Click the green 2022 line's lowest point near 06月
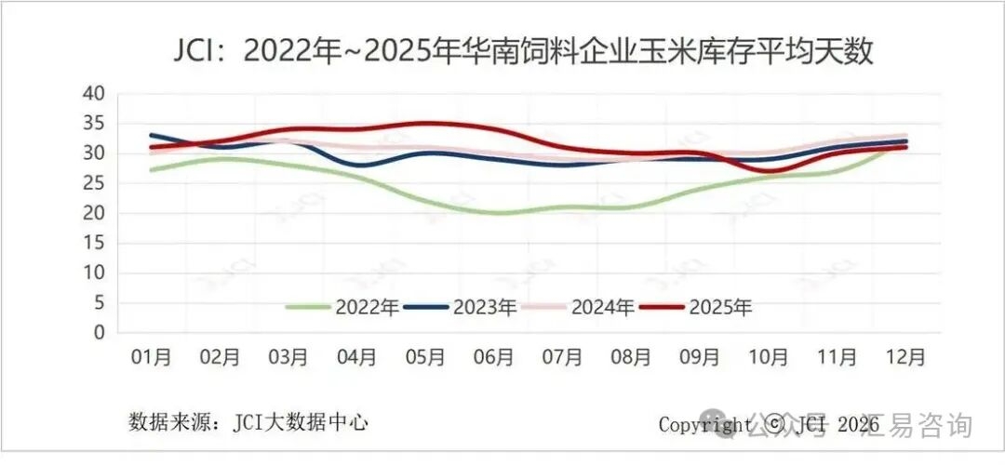pyautogui.click(x=500, y=213)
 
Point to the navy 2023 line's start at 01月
pyautogui.click(x=152, y=135)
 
